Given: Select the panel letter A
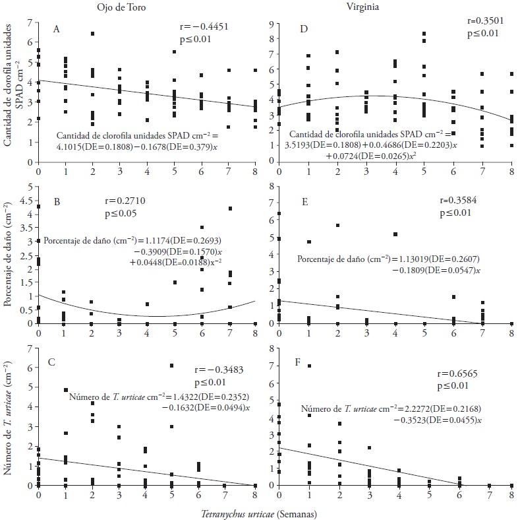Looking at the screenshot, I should (57, 30).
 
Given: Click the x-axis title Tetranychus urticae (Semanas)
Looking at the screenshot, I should (260, 511).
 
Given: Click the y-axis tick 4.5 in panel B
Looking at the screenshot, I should (25, 201).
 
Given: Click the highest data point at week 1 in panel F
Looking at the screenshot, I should (308, 366).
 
